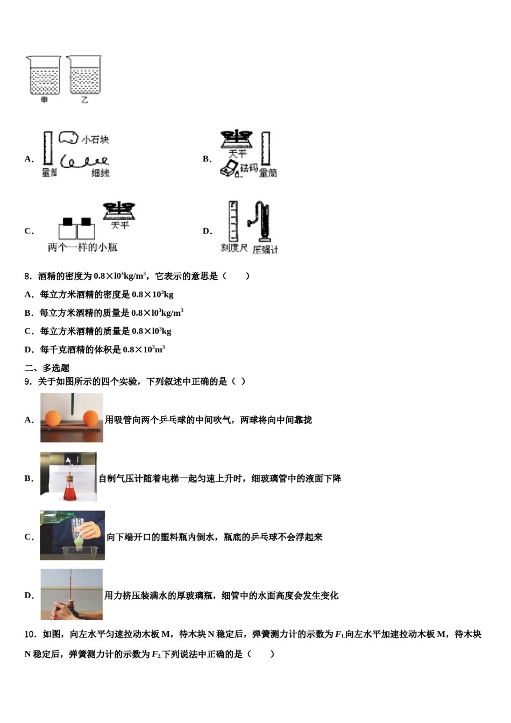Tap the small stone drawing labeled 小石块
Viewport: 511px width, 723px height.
click(x=68, y=138)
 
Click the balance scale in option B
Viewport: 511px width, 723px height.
click(x=237, y=139)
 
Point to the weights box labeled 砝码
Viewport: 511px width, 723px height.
click(x=230, y=170)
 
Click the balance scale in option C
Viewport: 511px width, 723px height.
click(x=119, y=210)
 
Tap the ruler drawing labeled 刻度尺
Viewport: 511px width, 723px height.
click(x=233, y=221)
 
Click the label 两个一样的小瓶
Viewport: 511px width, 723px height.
click(x=82, y=247)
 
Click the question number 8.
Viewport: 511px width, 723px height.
click(x=28, y=277)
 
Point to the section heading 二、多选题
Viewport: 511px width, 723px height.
click(x=47, y=368)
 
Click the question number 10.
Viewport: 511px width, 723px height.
click(x=30, y=634)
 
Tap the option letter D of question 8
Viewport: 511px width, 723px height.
click(x=29, y=350)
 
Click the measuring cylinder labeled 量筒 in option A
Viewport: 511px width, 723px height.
click(x=48, y=148)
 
